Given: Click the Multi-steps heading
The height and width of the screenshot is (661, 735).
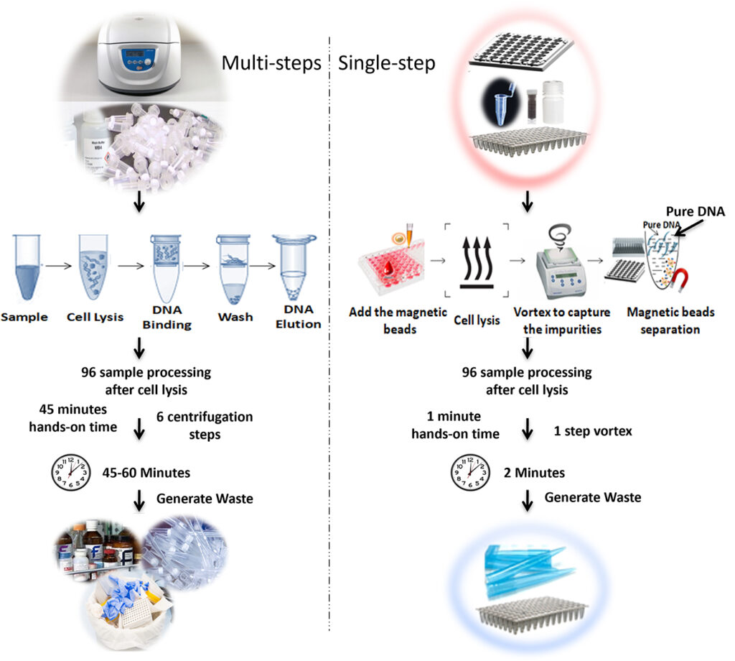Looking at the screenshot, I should pyautogui.click(x=271, y=63).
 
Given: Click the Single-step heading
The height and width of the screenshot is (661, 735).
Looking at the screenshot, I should pyautogui.click(x=386, y=63).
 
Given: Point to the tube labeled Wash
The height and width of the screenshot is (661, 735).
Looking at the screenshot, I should pyautogui.click(x=233, y=267).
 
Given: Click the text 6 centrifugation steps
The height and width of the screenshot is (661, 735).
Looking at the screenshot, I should pyautogui.click(x=205, y=425).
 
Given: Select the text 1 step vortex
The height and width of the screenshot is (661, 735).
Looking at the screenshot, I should pyautogui.click(x=591, y=431).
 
